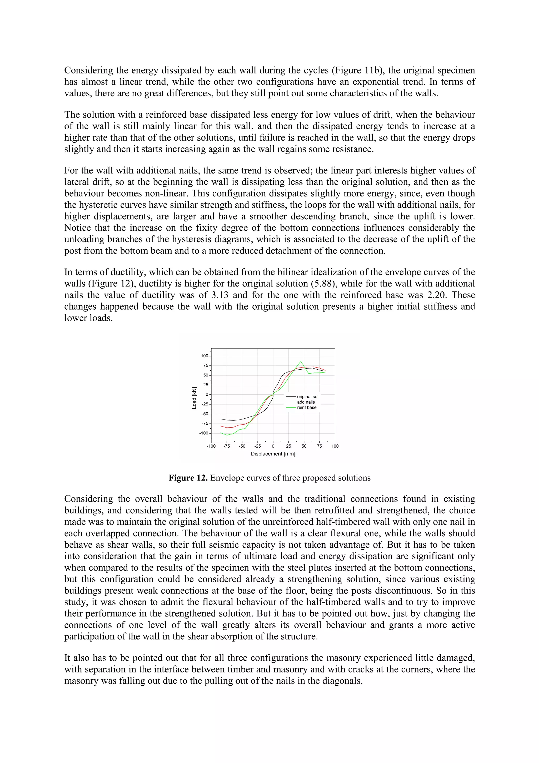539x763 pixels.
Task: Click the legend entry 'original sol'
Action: [x=307, y=397]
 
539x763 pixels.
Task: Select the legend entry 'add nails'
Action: [x=306, y=402]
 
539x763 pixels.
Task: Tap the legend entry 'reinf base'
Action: [x=307, y=407]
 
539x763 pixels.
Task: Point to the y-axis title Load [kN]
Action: [x=194, y=398]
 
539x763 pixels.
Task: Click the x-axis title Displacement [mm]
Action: [x=273, y=454]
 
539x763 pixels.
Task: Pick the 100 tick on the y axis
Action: [x=204, y=356]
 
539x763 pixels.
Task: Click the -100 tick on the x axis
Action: [x=211, y=446]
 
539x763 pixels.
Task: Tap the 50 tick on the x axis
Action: [x=304, y=446]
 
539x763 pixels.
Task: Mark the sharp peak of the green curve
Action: [x=301, y=361]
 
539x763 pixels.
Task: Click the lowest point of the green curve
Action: [x=227, y=435]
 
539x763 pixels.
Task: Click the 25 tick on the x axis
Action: [x=289, y=446]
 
